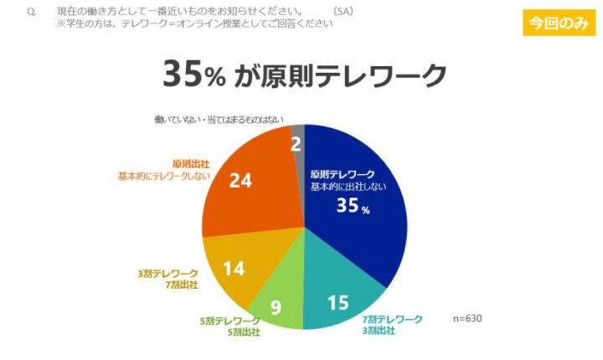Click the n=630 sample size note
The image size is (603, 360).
(467, 318)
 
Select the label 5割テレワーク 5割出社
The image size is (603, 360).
(229, 327)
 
